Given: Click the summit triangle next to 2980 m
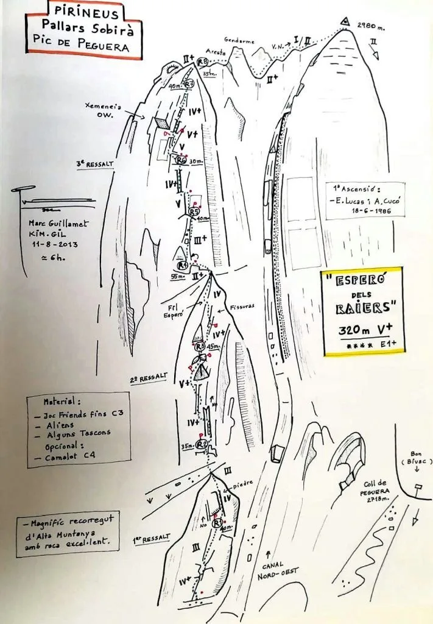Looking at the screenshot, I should click(345, 23).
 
